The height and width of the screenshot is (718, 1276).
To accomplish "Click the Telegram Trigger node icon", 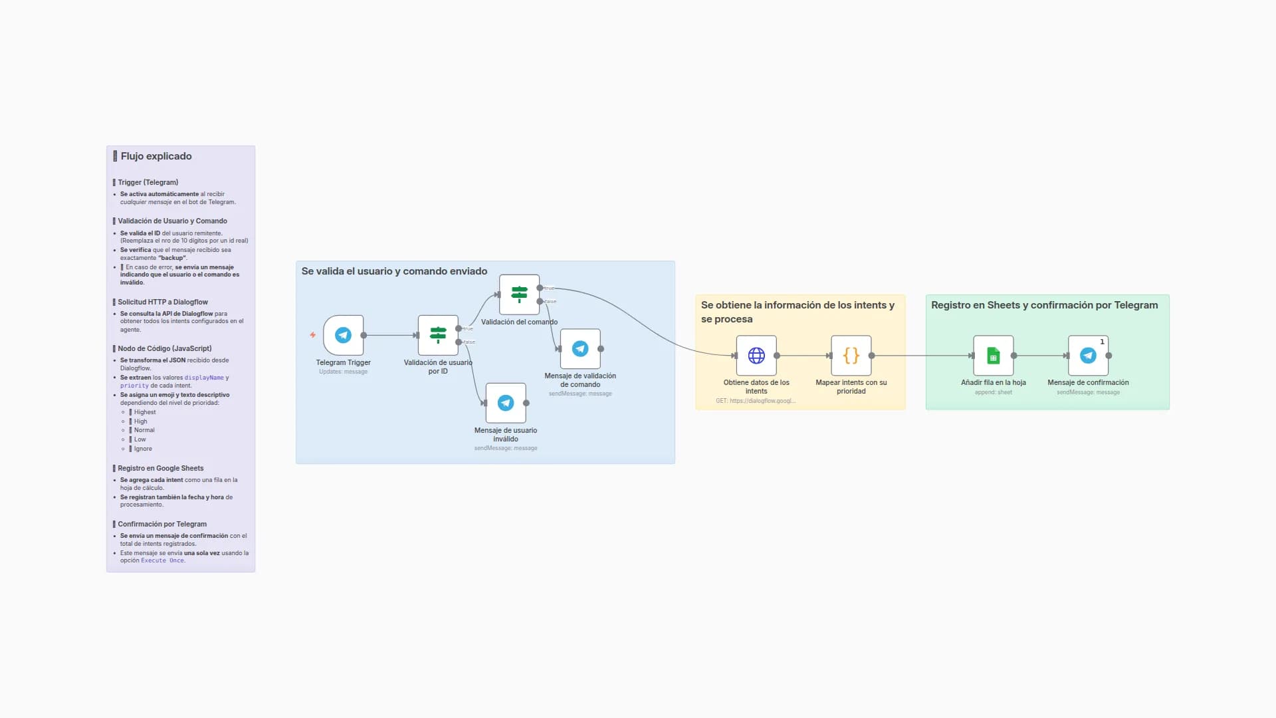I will (343, 335).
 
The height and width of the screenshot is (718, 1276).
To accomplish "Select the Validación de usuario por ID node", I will (438, 335).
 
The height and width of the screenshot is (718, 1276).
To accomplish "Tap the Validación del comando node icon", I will (519, 295).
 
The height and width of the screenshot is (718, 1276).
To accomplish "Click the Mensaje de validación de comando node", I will (580, 348).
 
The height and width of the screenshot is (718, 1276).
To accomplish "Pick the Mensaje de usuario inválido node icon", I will (506, 403).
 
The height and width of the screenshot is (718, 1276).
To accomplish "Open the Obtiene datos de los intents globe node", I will (756, 356).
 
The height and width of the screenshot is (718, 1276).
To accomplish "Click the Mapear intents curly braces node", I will (851, 356).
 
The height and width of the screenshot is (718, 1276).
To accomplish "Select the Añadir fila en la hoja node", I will (993, 356).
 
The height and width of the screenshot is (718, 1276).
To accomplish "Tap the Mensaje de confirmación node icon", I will (1088, 356).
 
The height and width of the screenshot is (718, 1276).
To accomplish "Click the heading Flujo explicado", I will (156, 156).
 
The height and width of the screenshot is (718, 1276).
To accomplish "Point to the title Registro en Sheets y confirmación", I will (1044, 305).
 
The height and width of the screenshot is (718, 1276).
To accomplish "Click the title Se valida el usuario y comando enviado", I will (394, 271).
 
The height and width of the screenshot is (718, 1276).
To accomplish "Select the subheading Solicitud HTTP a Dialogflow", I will (163, 302).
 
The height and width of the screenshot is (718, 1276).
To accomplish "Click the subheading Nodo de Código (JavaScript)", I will (165, 348).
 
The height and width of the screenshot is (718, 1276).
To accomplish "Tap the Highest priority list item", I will (145, 412).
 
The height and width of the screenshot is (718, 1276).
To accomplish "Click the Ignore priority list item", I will (143, 449).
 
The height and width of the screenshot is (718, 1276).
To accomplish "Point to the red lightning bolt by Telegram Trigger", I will (312, 335).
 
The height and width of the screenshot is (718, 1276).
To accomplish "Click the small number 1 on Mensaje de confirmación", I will (1102, 342).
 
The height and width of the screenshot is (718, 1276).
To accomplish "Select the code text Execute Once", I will (162, 560).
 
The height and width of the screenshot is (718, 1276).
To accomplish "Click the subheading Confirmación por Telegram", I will (162, 524).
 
